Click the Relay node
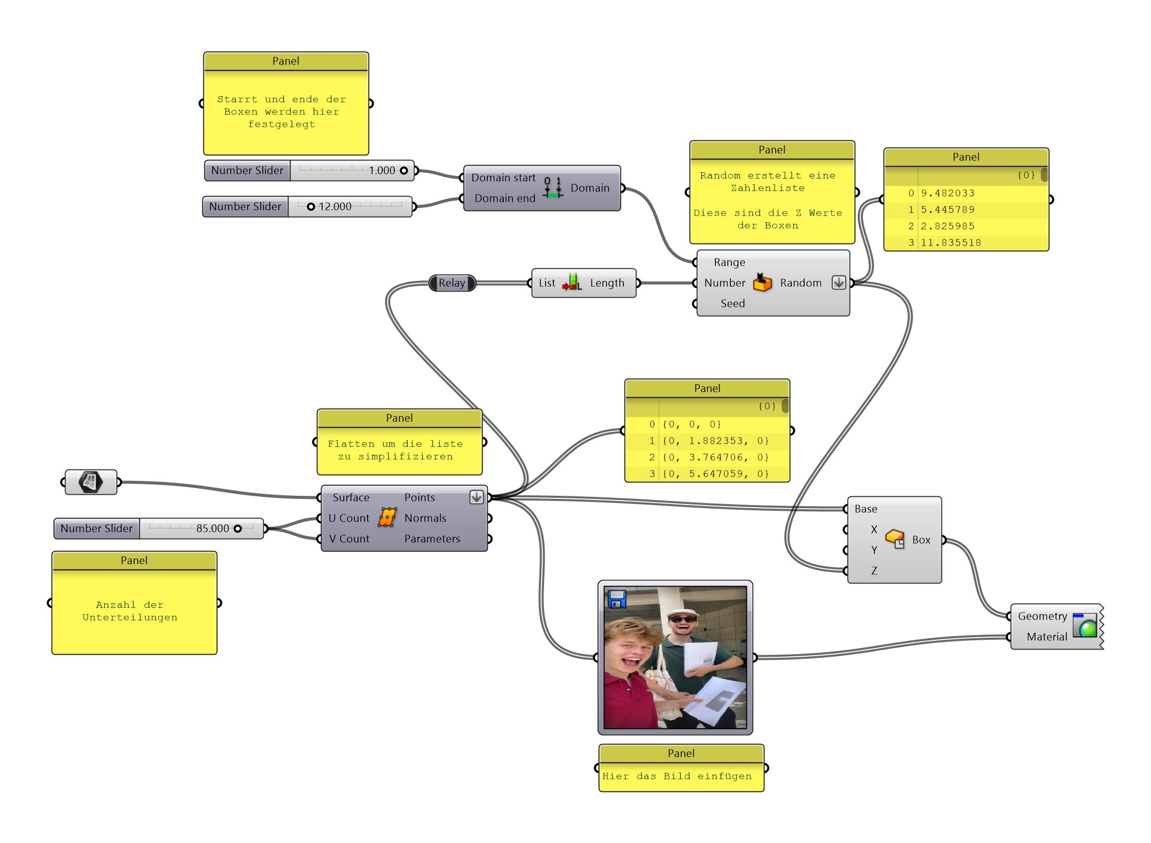point(452,283)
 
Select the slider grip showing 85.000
point(237,528)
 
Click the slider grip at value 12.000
point(311,206)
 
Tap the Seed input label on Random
point(732,303)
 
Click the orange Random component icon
point(762,282)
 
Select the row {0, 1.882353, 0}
point(715,441)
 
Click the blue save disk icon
point(617,599)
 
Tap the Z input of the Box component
point(874,571)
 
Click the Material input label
point(1046,637)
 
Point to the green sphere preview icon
point(1087,628)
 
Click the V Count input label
point(349,539)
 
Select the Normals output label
point(425,518)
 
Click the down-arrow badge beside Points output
point(476,497)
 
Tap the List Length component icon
point(572,282)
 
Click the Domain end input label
point(504,198)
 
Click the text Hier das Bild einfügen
point(677,776)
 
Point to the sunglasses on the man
point(682,620)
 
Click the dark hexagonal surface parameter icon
point(91,482)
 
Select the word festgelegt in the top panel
point(281,124)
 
